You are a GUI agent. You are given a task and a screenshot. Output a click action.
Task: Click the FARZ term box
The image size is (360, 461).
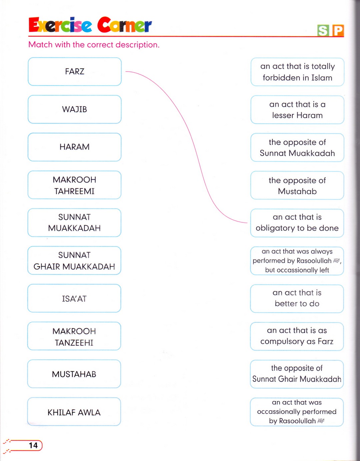point(75,72)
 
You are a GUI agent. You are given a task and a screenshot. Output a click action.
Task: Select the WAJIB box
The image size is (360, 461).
point(75,109)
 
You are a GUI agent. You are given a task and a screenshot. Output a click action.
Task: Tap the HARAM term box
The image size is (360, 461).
point(75,147)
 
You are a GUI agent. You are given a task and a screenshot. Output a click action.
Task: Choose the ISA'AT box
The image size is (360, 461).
point(74,298)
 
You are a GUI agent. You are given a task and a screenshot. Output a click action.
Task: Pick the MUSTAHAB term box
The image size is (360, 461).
point(74,374)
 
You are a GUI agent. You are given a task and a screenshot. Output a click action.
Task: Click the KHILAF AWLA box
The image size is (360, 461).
point(74,412)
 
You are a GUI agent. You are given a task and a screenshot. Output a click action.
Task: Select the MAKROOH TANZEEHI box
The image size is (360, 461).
point(74,336)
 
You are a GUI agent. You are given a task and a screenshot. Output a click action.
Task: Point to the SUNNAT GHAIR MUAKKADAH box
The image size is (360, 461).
point(74,260)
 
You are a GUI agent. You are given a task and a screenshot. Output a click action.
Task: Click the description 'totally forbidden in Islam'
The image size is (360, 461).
point(297,72)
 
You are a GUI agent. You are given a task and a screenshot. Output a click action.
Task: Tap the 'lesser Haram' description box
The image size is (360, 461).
point(297,110)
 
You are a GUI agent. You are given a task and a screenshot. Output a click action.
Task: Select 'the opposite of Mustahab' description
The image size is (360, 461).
point(297,186)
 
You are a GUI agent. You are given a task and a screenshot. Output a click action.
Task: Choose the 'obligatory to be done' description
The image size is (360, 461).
point(297,223)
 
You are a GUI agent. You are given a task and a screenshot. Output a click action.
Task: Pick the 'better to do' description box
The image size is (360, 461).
point(297,299)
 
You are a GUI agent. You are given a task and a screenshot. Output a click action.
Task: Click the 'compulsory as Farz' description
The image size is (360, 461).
point(297,336)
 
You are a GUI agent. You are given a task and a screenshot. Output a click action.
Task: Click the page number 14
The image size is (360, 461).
point(33,445)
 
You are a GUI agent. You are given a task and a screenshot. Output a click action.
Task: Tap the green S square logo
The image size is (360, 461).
point(323,31)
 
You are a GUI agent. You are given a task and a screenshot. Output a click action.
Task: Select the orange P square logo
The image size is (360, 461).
point(338,31)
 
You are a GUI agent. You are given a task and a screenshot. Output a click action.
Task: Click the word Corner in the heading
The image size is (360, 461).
point(125,25)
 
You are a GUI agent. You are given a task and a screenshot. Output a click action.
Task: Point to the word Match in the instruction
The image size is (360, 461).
point(40,45)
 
